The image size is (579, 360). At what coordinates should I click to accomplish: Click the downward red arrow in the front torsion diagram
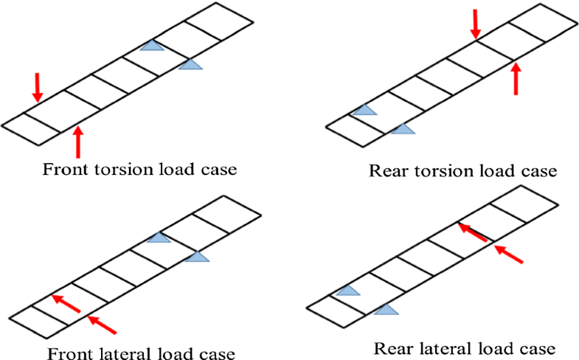pyautogui.click(x=38, y=87)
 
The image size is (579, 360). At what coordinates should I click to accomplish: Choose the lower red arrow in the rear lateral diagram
pyautogui.click(x=510, y=255)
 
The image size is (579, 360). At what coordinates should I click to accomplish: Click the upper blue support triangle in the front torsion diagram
pyautogui.click(x=153, y=46)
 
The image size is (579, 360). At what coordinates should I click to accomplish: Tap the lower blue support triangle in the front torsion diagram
pyautogui.click(x=190, y=65)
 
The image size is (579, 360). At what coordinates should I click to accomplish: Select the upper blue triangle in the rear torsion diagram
pyautogui.click(x=364, y=111)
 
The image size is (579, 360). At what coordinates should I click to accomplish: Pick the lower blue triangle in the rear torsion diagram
pyautogui.click(x=402, y=130)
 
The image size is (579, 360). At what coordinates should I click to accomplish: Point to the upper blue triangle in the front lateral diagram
pyautogui.click(x=159, y=238)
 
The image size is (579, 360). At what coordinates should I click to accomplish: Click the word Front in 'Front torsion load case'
pyautogui.click(x=63, y=169)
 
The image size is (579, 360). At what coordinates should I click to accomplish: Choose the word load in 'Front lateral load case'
pyautogui.click(x=164, y=352)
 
